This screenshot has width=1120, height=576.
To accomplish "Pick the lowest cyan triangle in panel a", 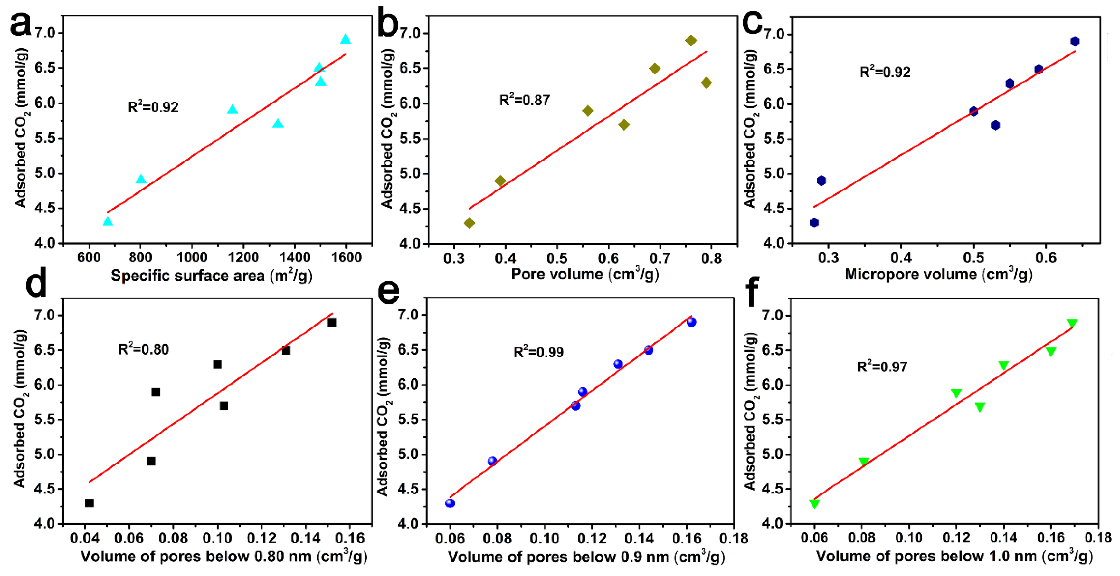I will click(108, 221).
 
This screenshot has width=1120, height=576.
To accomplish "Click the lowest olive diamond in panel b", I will click(469, 223).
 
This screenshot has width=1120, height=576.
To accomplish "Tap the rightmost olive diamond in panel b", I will click(706, 83).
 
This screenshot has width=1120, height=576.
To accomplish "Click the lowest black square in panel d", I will click(89, 503).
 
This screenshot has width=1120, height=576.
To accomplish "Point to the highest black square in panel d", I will click(332, 322).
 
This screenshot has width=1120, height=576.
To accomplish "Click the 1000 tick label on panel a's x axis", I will click(192, 258).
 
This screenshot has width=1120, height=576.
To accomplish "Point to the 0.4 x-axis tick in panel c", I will click(901, 258).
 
